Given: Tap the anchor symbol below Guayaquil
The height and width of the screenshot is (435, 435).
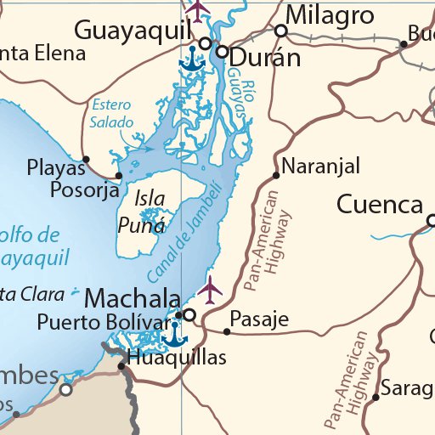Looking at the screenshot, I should pos(192,59).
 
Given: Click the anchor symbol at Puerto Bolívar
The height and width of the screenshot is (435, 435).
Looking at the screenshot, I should pos(174,334).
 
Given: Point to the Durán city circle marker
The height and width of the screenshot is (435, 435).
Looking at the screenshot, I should pos(222,52).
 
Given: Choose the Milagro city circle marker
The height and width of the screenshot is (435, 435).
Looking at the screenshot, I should pos(280,30).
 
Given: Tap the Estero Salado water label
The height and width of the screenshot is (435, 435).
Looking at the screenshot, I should pos(111,114).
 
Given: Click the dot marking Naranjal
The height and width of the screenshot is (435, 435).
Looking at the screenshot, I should pos(276,176).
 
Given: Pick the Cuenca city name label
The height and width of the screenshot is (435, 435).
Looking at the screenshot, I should pos(380,205).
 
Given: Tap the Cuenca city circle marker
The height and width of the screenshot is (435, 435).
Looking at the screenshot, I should pos(432,222).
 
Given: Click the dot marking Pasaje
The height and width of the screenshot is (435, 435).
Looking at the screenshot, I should pos(227,331).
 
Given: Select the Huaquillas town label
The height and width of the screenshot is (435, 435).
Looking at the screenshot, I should pos(177,358).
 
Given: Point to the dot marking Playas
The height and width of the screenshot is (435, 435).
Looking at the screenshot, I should pos(85,158).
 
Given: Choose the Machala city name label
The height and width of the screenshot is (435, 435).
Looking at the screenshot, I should pos(133,299).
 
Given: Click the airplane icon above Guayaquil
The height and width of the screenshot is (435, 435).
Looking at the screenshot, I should pos(197,10).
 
